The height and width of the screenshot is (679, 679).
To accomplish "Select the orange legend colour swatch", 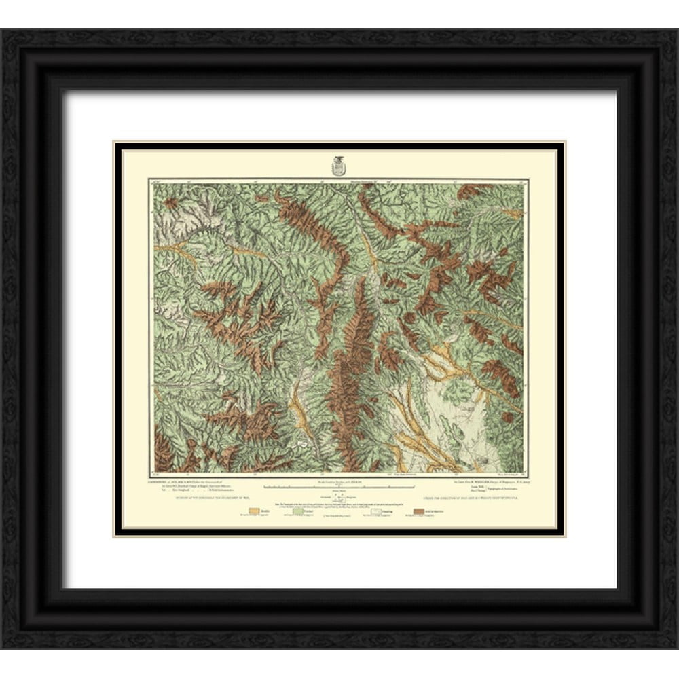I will pyautogui.click(x=254, y=511).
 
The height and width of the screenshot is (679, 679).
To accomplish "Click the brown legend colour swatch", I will pyautogui.click(x=419, y=511).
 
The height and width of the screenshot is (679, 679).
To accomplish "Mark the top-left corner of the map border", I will pyautogui.click(x=149, y=179).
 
